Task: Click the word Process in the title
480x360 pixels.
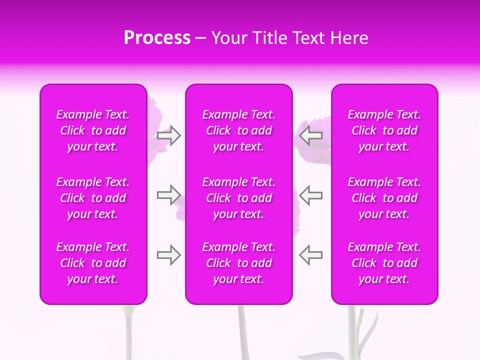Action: pyautogui.click(x=157, y=38)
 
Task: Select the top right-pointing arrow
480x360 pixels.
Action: pyautogui.click(x=169, y=135)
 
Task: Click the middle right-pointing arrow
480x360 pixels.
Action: pyautogui.click(x=169, y=195)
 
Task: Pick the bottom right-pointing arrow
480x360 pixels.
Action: pyautogui.click(x=169, y=255)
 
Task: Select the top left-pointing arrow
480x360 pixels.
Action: pyautogui.click(x=310, y=135)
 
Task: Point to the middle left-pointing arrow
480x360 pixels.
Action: pyautogui.click(x=310, y=195)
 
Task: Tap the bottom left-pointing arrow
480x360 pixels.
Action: pyautogui.click(x=310, y=255)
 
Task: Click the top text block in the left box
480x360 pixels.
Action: pyautogui.click(x=93, y=130)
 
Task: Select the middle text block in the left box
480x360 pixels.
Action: pyautogui.click(x=93, y=198)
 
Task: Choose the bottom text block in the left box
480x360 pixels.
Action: pyautogui.click(x=93, y=263)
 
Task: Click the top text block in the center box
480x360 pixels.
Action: pyautogui.click(x=238, y=130)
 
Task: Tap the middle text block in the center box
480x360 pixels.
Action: pyautogui.click(x=238, y=198)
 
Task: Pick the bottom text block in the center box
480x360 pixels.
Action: pyautogui.click(x=238, y=263)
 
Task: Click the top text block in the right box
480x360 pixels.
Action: pyautogui.click(x=384, y=130)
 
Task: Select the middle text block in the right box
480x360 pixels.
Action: pyautogui.click(x=384, y=198)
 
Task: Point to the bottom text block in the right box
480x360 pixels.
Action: pyautogui.click(x=384, y=263)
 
